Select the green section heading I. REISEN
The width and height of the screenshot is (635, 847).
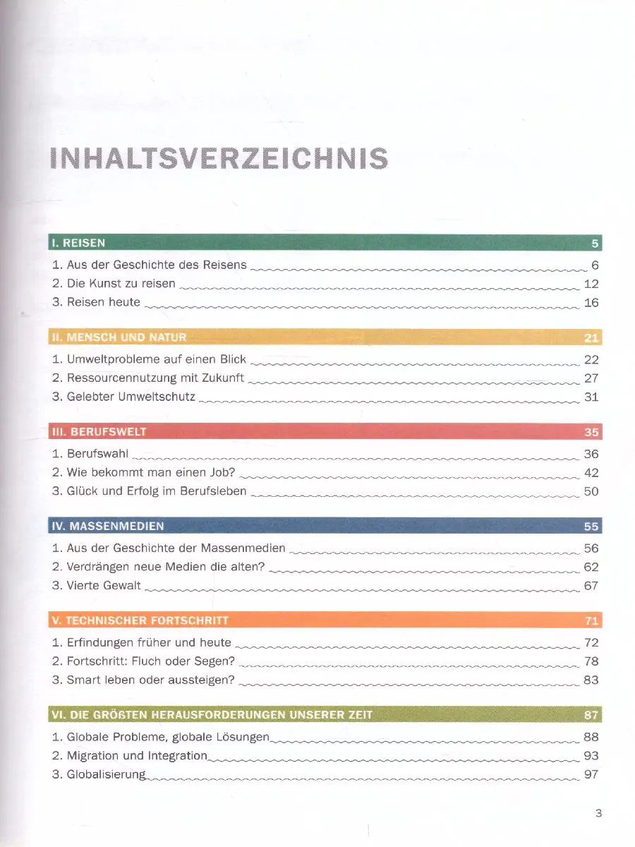pyautogui.click(x=78, y=244)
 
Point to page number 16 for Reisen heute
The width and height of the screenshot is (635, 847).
pyautogui.click(x=591, y=303)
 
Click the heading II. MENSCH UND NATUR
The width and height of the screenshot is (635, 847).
pyautogui.click(x=119, y=337)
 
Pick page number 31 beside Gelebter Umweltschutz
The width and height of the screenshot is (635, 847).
pyautogui.click(x=591, y=397)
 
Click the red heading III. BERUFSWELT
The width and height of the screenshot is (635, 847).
pyautogui.click(x=99, y=432)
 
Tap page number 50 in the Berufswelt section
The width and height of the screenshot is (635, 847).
pyautogui.click(x=591, y=491)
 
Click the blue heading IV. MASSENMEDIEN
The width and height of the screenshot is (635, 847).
pyautogui.click(x=108, y=527)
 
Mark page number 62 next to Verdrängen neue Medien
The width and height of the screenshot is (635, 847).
pyautogui.click(x=591, y=567)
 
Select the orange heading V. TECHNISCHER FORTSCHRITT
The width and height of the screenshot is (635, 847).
pyautogui.click(x=140, y=621)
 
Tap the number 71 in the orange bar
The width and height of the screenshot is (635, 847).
pyautogui.click(x=591, y=621)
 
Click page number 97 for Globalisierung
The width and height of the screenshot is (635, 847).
pyautogui.click(x=591, y=774)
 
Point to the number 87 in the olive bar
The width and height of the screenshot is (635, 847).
pyautogui.click(x=591, y=715)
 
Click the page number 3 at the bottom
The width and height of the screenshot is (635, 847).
pyautogui.click(x=598, y=813)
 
